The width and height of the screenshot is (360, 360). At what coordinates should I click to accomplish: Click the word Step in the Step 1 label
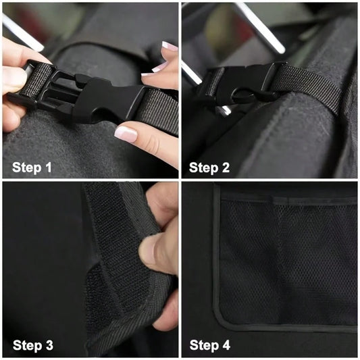pyautogui.click(x=26, y=168)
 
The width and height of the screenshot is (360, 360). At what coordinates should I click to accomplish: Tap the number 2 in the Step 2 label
pyautogui.click(x=226, y=168)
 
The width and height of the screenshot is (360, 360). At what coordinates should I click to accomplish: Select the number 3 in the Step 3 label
pyautogui.click(x=49, y=345)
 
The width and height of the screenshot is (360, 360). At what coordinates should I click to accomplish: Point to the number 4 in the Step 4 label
pyautogui.click(x=226, y=345)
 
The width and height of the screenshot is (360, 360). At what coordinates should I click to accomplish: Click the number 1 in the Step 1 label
pyautogui.click(x=49, y=167)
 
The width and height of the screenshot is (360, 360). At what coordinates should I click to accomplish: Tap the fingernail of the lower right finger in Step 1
pyautogui.click(x=126, y=134)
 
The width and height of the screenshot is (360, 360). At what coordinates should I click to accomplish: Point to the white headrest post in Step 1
pyautogui.click(x=22, y=33)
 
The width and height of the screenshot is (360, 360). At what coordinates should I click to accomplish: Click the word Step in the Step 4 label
pyautogui.click(x=204, y=346)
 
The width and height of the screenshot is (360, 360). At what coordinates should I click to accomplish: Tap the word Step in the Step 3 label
pyautogui.click(x=27, y=346)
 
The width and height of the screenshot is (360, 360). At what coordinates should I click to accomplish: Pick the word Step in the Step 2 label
pyautogui.click(x=204, y=168)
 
